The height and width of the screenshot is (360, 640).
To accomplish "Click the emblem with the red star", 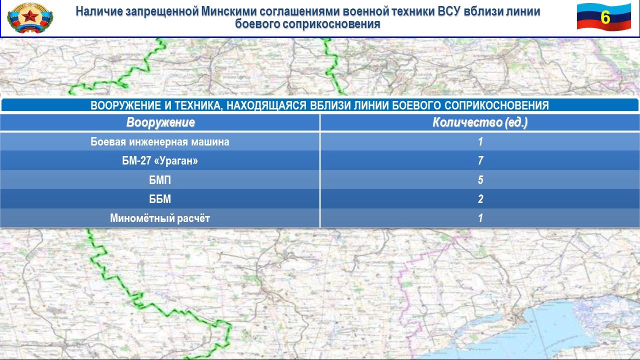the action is click(x=30, y=18).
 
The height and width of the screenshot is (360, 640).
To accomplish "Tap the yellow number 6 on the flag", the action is click(x=605, y=17).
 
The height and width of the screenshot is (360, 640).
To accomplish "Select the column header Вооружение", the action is click(x=160, y=122).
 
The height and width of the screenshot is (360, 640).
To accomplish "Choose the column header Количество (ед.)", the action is click(x=480, y=122).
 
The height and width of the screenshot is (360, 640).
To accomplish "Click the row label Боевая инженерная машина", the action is click(x=160, y=141).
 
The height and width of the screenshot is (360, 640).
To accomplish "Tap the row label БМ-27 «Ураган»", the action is click(x=160, y=160).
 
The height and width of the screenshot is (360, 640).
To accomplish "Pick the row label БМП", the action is click(x=160, y=180).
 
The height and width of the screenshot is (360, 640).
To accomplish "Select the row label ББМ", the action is click(x=160, y=199).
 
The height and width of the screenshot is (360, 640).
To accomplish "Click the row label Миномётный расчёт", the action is click(x=160, y=218).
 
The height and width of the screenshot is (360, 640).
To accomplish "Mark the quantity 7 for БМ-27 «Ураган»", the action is click(x=480, y=160).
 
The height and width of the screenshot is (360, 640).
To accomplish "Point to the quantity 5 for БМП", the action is click(x=480, y=180).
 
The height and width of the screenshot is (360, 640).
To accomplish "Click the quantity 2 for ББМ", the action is click(x=480, y=199).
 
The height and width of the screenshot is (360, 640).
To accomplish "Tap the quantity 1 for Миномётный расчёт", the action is click(x=480, y=218).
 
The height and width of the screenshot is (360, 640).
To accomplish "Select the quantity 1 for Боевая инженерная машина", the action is click(x=480, y=141).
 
